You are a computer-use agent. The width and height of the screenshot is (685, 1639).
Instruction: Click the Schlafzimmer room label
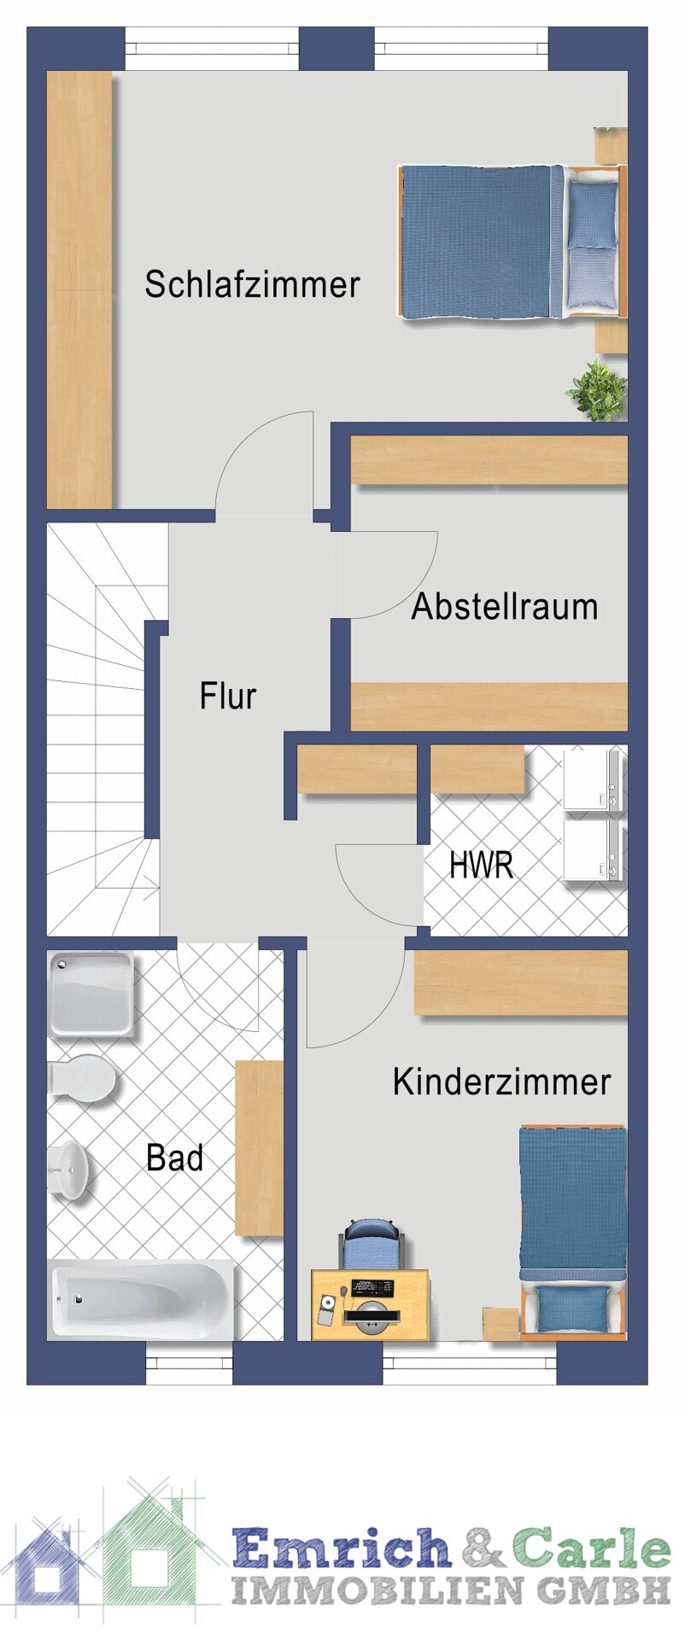(252, 284)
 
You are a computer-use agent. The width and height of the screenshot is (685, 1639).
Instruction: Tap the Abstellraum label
(505, 607)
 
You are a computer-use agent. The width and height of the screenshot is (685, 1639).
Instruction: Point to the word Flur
(227, 696)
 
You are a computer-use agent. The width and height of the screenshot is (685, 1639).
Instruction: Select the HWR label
(482, 865)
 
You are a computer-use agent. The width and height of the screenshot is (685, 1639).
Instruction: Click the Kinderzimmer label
(502, 1082)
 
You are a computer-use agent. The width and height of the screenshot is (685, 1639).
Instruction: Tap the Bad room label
(175, 1158)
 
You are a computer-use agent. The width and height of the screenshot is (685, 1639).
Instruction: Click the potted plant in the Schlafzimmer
(597, 390)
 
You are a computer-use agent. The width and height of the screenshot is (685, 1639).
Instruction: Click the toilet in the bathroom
(81, 1079)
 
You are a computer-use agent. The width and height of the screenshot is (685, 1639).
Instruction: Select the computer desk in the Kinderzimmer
(370, 1304)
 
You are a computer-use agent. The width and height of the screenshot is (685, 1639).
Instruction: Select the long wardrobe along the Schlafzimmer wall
(79, 289)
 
